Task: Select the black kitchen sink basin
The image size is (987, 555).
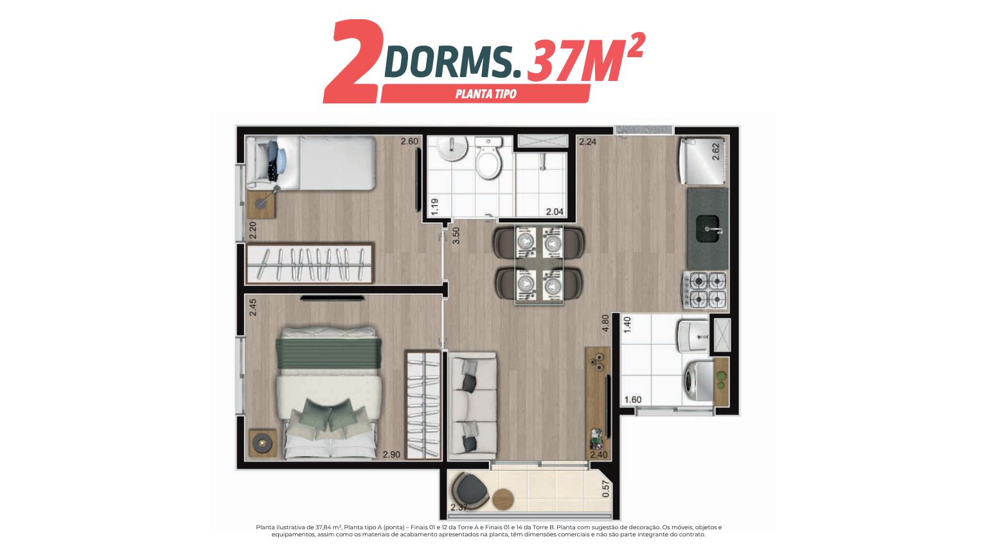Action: (707, 228)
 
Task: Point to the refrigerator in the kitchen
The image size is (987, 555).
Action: (702, 161)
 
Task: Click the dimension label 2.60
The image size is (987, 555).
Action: (409, 141)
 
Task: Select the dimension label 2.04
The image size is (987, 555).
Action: (555, 212)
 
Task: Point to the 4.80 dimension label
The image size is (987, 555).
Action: (605, 323)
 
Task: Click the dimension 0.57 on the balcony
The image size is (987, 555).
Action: (606, 489)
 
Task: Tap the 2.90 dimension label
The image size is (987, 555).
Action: (391, 455)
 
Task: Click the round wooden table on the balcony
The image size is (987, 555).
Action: (502, 499)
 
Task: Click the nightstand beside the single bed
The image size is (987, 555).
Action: (262, 204)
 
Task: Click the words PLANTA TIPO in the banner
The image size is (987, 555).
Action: (486, 94)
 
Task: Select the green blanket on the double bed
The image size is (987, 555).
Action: (328, 353)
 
